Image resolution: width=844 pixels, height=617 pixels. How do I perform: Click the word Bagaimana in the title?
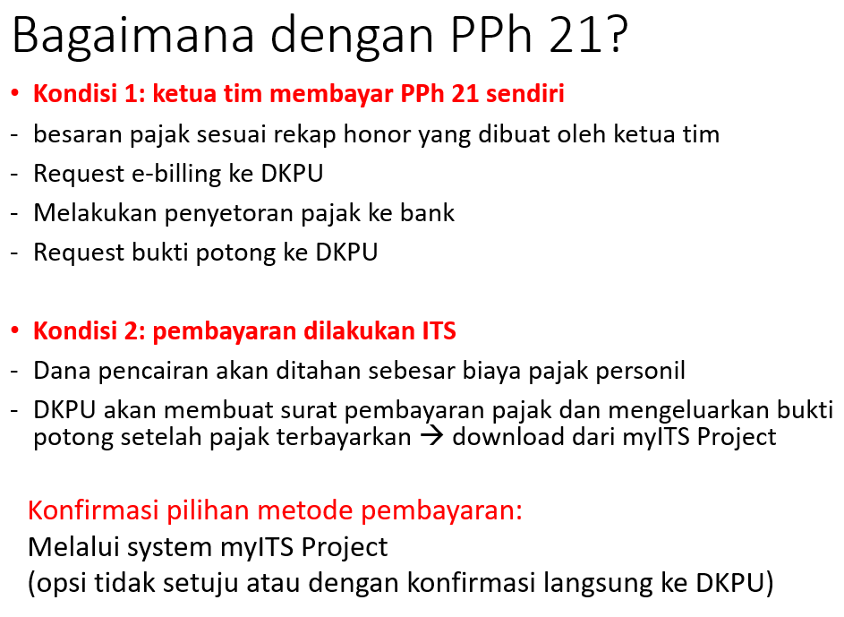pos(133,36)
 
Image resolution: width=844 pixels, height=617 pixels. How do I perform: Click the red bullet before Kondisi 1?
pos(14,94)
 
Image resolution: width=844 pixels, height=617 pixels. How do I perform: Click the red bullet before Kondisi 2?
pos(14,330)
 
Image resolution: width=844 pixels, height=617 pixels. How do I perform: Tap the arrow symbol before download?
pos(431,435)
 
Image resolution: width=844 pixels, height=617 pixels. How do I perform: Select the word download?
pos(508,436)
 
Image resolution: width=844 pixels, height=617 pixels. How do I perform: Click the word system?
pos(170,547)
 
